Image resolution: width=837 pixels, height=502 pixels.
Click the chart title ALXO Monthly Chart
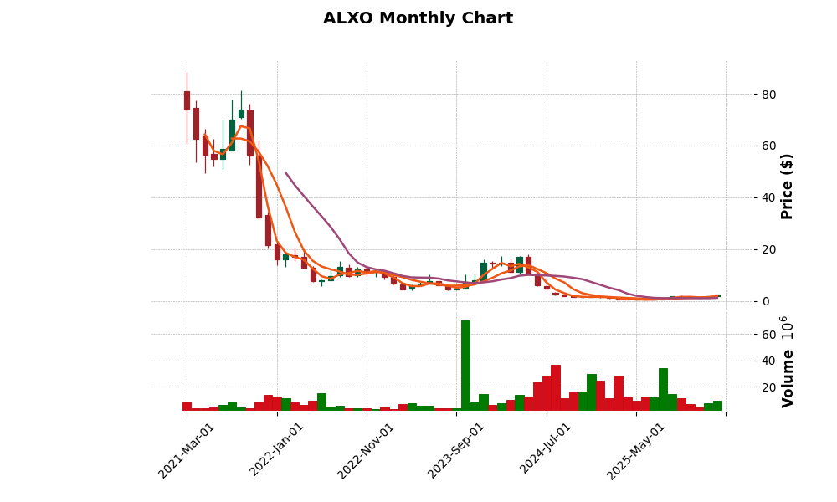(x=418, y=18)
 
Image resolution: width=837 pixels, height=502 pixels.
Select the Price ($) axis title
(x=787, y=186)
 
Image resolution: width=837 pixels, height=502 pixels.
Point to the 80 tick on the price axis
(x=768, y=95)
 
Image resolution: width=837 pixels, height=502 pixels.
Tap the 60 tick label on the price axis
(x=768, y=146)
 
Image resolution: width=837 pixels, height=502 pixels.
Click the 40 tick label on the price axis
(x=768, y=197)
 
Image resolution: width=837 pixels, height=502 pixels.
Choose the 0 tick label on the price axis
(x=765, y=301)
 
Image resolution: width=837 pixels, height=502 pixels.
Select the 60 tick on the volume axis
(x=768, y=335)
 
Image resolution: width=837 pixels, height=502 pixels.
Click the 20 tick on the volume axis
(x=768, y=387)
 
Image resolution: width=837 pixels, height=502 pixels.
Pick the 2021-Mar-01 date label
(x=187, y=450)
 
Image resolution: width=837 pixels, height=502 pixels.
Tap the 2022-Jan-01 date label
(x=277, y=450)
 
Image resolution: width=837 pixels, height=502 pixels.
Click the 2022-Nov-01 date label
(x=367, y=450)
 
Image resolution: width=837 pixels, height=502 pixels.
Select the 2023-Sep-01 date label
(x=456, y=450)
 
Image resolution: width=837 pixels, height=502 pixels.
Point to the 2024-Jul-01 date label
(x=547, y=450)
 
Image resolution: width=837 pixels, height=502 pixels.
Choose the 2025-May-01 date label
(x=636, y=450)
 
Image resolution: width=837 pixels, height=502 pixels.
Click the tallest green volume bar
(x=465, y=365)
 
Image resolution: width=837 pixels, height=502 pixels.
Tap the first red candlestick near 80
(x=187, y=100)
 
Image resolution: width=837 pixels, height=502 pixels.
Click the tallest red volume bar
(x=556, y=387)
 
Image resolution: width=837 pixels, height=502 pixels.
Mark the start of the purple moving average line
(x=285, y=172)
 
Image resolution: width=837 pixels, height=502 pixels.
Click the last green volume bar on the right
(x=717, y=406)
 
